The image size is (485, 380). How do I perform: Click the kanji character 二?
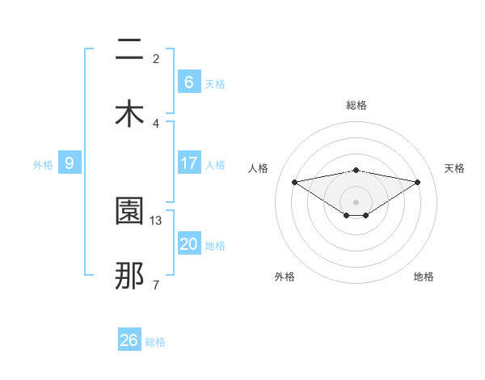point(129,50)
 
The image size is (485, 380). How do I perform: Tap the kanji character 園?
point(129,211)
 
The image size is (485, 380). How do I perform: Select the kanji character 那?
point(129,275)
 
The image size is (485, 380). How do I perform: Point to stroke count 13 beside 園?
point(157,220)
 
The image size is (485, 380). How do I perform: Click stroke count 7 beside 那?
point(156,285)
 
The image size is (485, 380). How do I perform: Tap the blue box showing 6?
point(188,82)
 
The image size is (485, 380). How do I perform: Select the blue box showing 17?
point(188,163)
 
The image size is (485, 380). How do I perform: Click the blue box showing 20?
point(188,244)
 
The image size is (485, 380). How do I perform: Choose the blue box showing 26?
point(129,340)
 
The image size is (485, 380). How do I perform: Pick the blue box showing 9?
point(70,163)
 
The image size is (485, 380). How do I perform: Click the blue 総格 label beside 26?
point(155,342)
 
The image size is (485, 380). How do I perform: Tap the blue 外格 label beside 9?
point(43,164)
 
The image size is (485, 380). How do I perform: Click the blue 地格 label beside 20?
point(215,246)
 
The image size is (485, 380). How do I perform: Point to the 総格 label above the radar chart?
point(356,105)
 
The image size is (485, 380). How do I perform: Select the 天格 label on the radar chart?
point(455,168)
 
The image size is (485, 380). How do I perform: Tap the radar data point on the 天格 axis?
point(418,182)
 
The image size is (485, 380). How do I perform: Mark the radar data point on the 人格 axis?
point(294,182)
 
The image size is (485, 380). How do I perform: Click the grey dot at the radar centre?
point(356,201)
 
